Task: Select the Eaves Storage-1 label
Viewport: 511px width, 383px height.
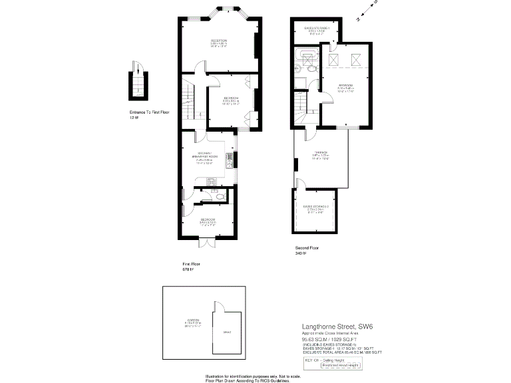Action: (x=317, y=29)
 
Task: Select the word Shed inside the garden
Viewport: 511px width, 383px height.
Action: (x=227, y=330)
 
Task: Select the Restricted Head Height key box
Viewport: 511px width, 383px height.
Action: (x=341, y=365)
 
